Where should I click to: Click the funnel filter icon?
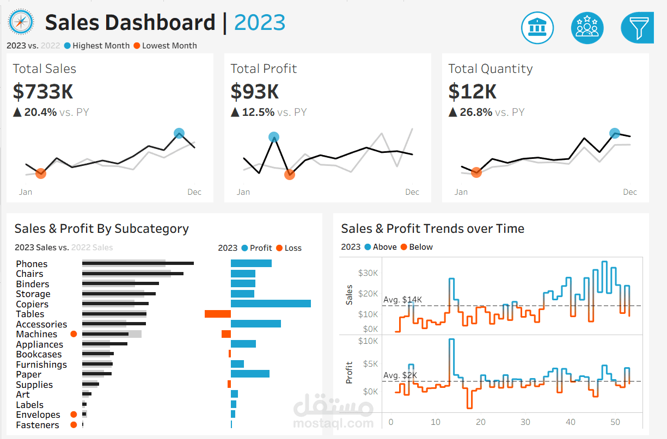pyautogui.click(x=638, y=27)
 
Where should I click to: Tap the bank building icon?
pyautogui.click(x=537, y=27)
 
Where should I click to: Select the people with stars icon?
pyautogui.click(x=588, y=27)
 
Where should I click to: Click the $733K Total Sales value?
pyautogui.click(x=43, y=91)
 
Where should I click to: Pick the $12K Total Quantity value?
pyautogui.click(x=472, y=91)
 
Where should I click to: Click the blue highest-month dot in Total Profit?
pyautogui.click(x=274, y=137)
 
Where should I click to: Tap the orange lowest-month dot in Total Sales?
pyautogui.click(x=41, y=174)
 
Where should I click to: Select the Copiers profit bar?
pyautogui.click(x=271, y=304)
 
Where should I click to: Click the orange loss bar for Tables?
pyautogui.click(x=217, y=314)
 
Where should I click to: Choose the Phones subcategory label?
pyautogui.click(x=32, y=264)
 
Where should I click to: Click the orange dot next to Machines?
pyautogui.click(x=74, y=334)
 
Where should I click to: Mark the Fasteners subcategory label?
pyautogui.click(x=38, y=425)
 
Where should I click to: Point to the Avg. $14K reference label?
pyautogui.click(x=402, y=300)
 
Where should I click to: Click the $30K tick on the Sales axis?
pyautogui.click(x=368, y=273)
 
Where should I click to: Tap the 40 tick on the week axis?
pyautogui.click(x=570, y=422)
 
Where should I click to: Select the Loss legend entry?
pyautogui.click(x=289, y=248)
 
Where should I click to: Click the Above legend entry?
pyautogui.click(x=380, y=247)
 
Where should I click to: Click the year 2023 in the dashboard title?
pyautogui.click(x=260, y=23)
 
